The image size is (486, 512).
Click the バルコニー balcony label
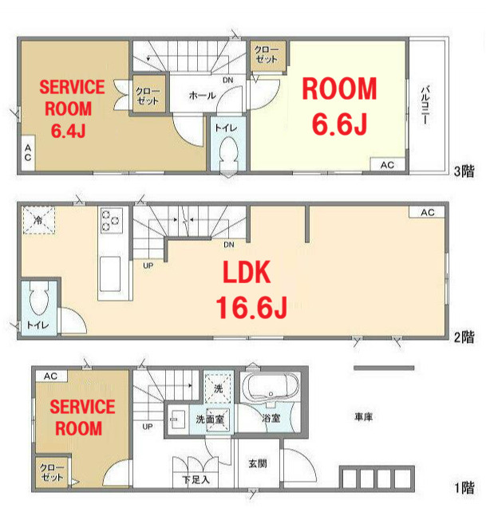click(425, 104)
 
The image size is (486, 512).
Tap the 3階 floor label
click(464, 171)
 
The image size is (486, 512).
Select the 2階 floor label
click(464, 337)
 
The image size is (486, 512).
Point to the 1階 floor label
click(464, 488)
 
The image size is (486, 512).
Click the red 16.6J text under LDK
click(251, 307)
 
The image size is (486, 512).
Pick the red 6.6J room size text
click(340, 124)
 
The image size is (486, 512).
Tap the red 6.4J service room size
click(69, 131)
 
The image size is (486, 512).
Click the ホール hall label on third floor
click(203, 96)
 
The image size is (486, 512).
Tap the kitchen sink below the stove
click(110, 274)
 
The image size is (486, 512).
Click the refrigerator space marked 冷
click(38, 220)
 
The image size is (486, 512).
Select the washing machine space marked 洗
click(218, 388)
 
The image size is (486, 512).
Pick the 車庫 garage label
click(363, 416)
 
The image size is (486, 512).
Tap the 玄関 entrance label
click(258, 463)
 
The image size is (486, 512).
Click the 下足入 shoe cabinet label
click(196, 479)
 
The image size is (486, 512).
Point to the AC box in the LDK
click(427, 212)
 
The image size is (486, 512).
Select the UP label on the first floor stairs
click(148, 427)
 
